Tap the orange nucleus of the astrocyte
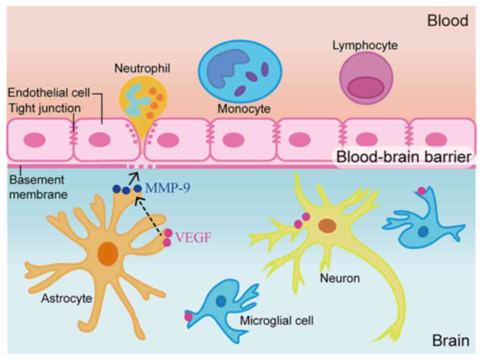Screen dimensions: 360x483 (107, 253)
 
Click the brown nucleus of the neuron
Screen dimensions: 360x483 (327, 225)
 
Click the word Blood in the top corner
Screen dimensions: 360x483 (448, 21)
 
